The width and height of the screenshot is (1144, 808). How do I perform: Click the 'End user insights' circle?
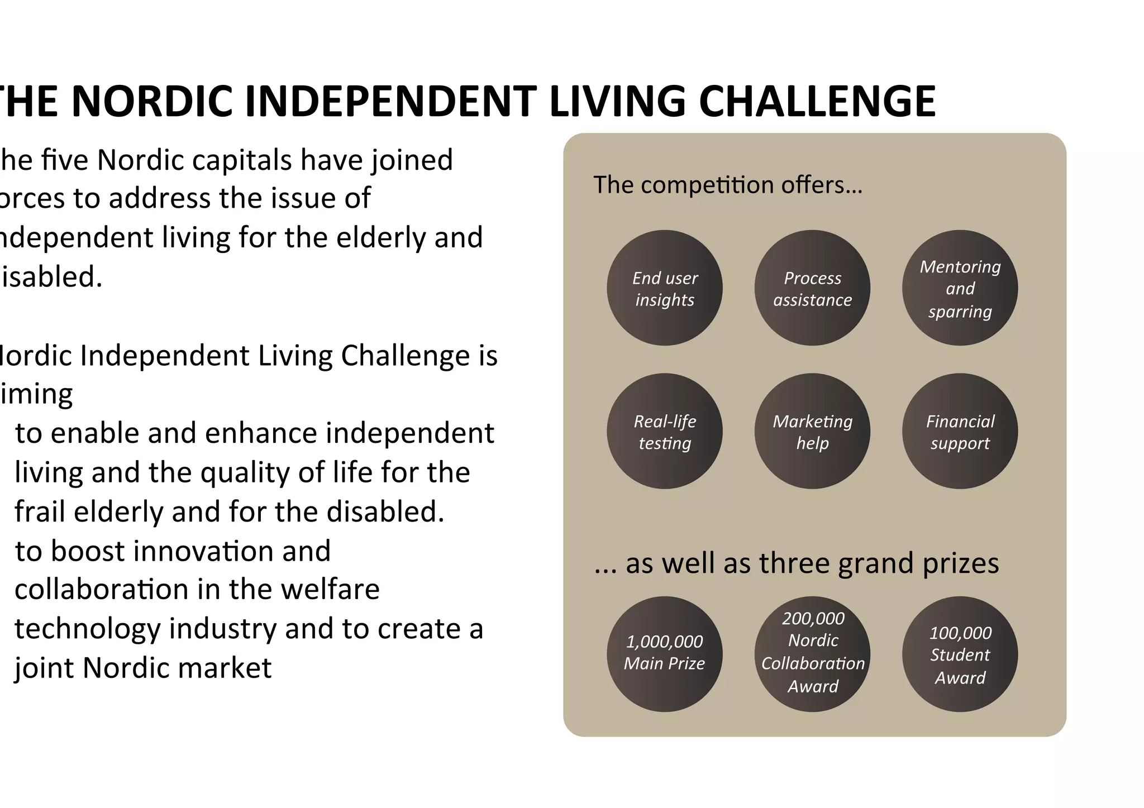(x=664, y=288)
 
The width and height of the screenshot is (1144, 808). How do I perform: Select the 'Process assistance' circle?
(x=812, y=288)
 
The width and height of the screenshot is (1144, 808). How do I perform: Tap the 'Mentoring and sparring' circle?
(x=960, y=288)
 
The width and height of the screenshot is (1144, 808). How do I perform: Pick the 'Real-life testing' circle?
(x=664, y=431)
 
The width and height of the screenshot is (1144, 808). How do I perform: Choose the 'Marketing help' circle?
(x=812, y=431)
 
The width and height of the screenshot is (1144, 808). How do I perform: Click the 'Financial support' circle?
(x=960, y=431)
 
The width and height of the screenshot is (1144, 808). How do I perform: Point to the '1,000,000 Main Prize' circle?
(x=664, y=654)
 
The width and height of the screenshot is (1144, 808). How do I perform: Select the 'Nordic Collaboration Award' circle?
(x=812, y=654)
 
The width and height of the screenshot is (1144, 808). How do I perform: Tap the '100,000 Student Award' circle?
(x=960, y=654)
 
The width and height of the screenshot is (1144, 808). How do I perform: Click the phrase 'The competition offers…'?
(x=727, y=185)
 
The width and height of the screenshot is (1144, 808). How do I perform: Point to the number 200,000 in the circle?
(x=813, y=619)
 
